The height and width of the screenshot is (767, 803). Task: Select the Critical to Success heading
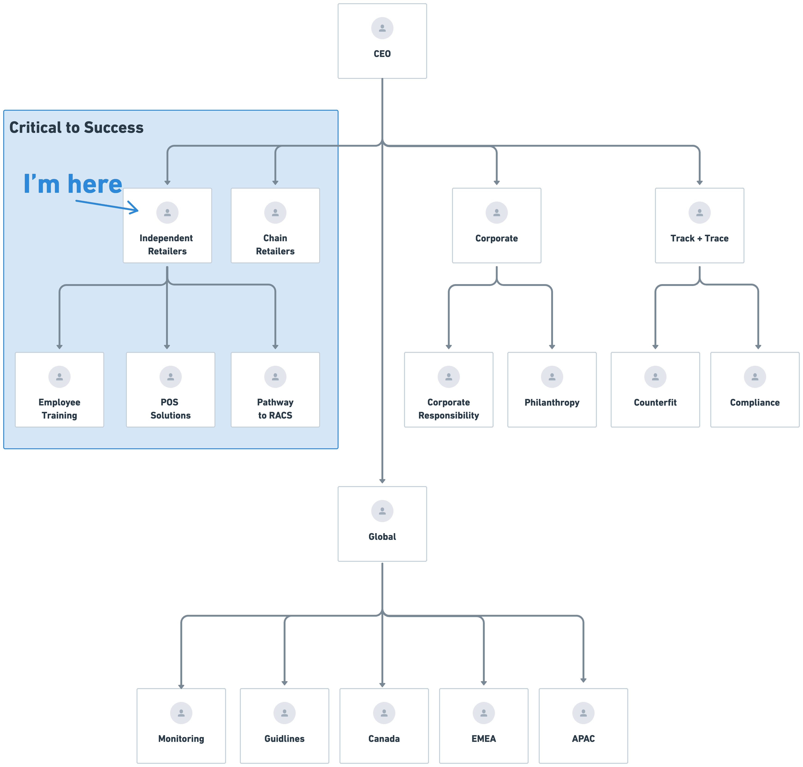77,128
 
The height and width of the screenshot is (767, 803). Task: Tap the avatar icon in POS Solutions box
170,377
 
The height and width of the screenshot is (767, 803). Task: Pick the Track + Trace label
699,238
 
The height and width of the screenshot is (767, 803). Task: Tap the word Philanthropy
552,402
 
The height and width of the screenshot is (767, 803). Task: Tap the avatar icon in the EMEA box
483,713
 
